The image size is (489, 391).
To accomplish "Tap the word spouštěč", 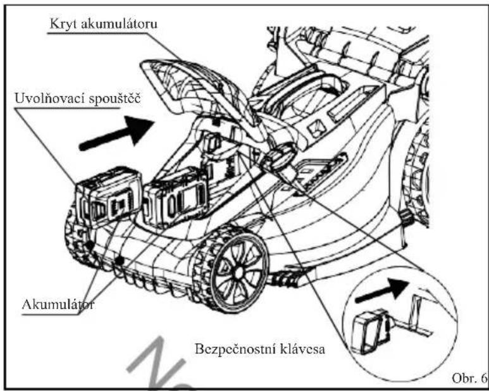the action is point(115,99).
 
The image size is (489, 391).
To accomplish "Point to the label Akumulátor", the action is point(58,304).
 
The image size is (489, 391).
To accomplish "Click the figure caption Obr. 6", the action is point(469,378).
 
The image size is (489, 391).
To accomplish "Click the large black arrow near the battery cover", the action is point(116,133).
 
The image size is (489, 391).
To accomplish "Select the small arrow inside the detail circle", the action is point(382,290).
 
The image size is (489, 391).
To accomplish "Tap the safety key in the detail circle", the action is point(370,331).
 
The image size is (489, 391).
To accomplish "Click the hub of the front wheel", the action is point(238,272).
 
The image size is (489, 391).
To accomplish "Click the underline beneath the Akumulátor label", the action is point(49,314).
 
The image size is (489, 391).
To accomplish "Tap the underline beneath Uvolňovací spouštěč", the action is point(67,108).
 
